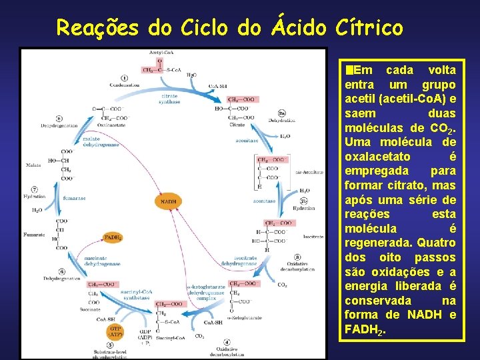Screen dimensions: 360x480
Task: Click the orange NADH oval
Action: click(169, 201)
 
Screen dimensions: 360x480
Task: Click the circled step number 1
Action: click(125, 78)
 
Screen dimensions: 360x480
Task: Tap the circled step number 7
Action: click(34, 190)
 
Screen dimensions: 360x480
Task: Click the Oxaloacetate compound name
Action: click(111, 125)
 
